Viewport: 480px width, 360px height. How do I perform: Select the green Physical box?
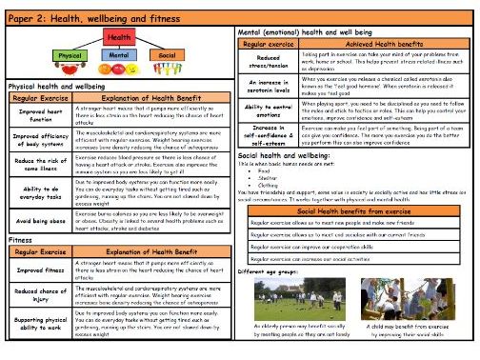70,55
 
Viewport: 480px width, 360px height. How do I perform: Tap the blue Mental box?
120,55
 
